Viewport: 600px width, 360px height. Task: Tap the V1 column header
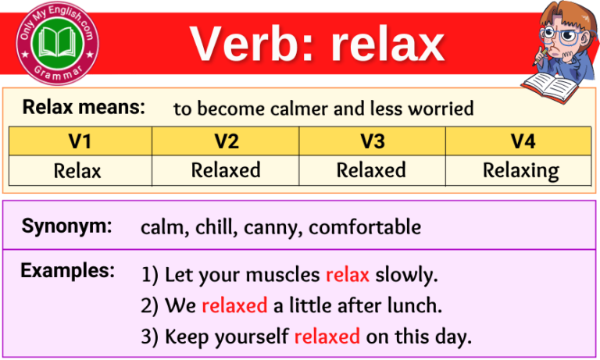(80, 141)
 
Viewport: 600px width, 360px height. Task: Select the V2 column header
(225, 141)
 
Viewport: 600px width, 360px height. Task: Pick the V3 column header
(371, 141)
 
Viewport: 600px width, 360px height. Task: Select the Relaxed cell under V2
(226, 170)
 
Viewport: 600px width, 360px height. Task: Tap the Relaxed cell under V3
(371, 170)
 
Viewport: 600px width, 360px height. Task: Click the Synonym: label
(66, 226)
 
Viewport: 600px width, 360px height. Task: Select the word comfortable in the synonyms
(365, 227)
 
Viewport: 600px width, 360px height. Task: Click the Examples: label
(68, 271)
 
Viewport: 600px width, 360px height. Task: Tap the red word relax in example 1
(348, 275)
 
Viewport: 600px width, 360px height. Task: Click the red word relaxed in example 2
(234, 306)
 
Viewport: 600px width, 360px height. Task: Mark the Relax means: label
(84, 108)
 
